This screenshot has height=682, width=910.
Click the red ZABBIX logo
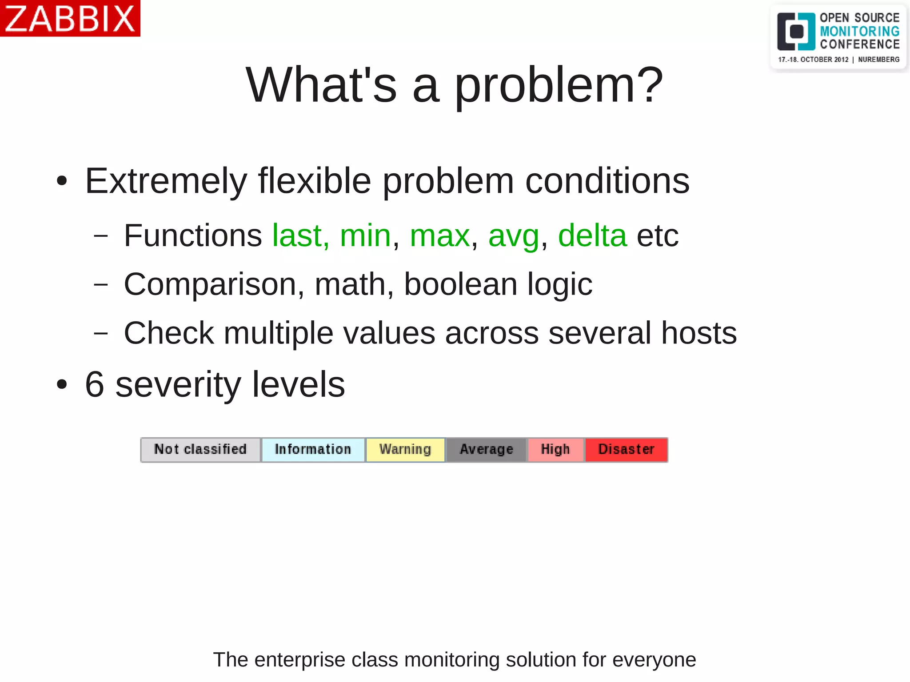(70, 18)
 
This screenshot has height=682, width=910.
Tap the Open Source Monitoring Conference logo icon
(796, 32)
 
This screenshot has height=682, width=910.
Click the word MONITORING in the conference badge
(859, 31)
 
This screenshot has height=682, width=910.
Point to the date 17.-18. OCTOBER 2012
(813, 60)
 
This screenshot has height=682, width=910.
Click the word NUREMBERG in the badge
(878, 60)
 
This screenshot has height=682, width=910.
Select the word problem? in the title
(559, 85)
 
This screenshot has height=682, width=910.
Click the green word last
(297, 235)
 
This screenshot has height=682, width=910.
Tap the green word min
(365, 235)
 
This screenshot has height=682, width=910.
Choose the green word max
(439, 235)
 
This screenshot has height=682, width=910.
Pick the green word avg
(514, 235)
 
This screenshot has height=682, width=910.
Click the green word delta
(592, 235)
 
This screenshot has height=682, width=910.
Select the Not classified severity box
(200, 450)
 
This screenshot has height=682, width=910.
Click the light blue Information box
(313, 450)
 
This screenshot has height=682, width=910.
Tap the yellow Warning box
(405, 450)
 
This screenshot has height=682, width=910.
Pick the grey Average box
(487, 450)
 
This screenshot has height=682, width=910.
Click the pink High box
(555, 450)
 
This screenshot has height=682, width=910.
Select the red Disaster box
(626, 450)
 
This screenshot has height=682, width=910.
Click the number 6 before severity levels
(94, 384)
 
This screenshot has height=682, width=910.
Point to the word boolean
(460, 284)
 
